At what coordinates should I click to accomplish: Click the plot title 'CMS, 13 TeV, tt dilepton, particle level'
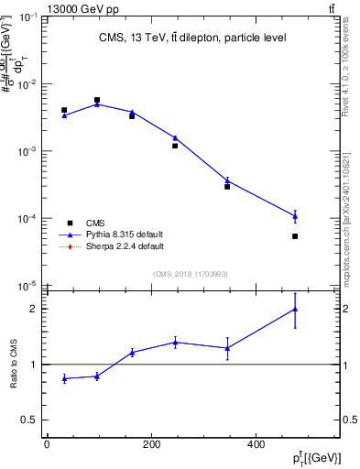[193, 38]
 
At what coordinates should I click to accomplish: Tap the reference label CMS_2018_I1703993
[191, 273]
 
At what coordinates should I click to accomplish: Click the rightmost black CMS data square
[295, 236]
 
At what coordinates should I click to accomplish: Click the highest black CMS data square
[97, 100]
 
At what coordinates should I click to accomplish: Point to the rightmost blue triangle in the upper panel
[295, 216]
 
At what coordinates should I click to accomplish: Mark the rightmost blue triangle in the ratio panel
[295, 309]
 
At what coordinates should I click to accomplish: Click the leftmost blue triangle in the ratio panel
[64, 378]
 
